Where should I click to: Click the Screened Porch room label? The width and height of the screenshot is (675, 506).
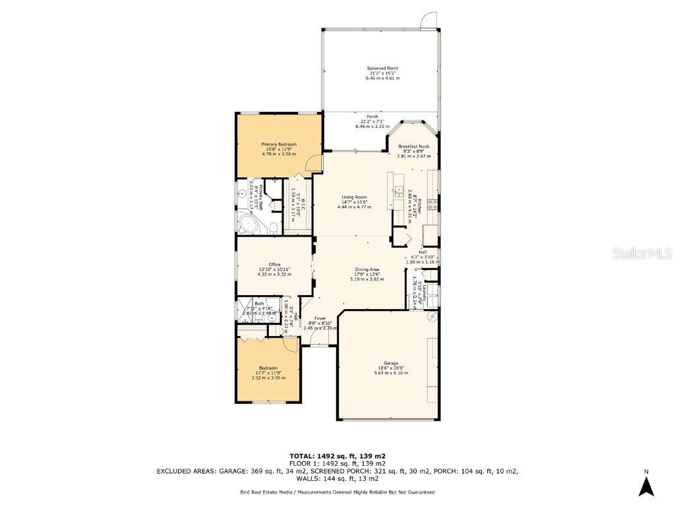382,69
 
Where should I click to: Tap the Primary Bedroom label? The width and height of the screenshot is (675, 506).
279,145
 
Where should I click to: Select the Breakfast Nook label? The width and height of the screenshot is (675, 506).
413,146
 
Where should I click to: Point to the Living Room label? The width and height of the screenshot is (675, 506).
354,197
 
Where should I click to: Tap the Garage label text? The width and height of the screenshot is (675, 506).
392,363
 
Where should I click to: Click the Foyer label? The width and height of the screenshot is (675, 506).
320,318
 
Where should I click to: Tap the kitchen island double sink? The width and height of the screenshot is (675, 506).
399,192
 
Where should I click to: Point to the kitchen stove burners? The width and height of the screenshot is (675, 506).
433,204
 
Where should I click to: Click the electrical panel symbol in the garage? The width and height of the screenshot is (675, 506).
432,318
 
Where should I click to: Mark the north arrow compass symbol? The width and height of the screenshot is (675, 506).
647,485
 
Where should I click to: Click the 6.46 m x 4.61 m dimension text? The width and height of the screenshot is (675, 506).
382,78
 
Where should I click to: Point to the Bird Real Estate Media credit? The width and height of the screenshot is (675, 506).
264,492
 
